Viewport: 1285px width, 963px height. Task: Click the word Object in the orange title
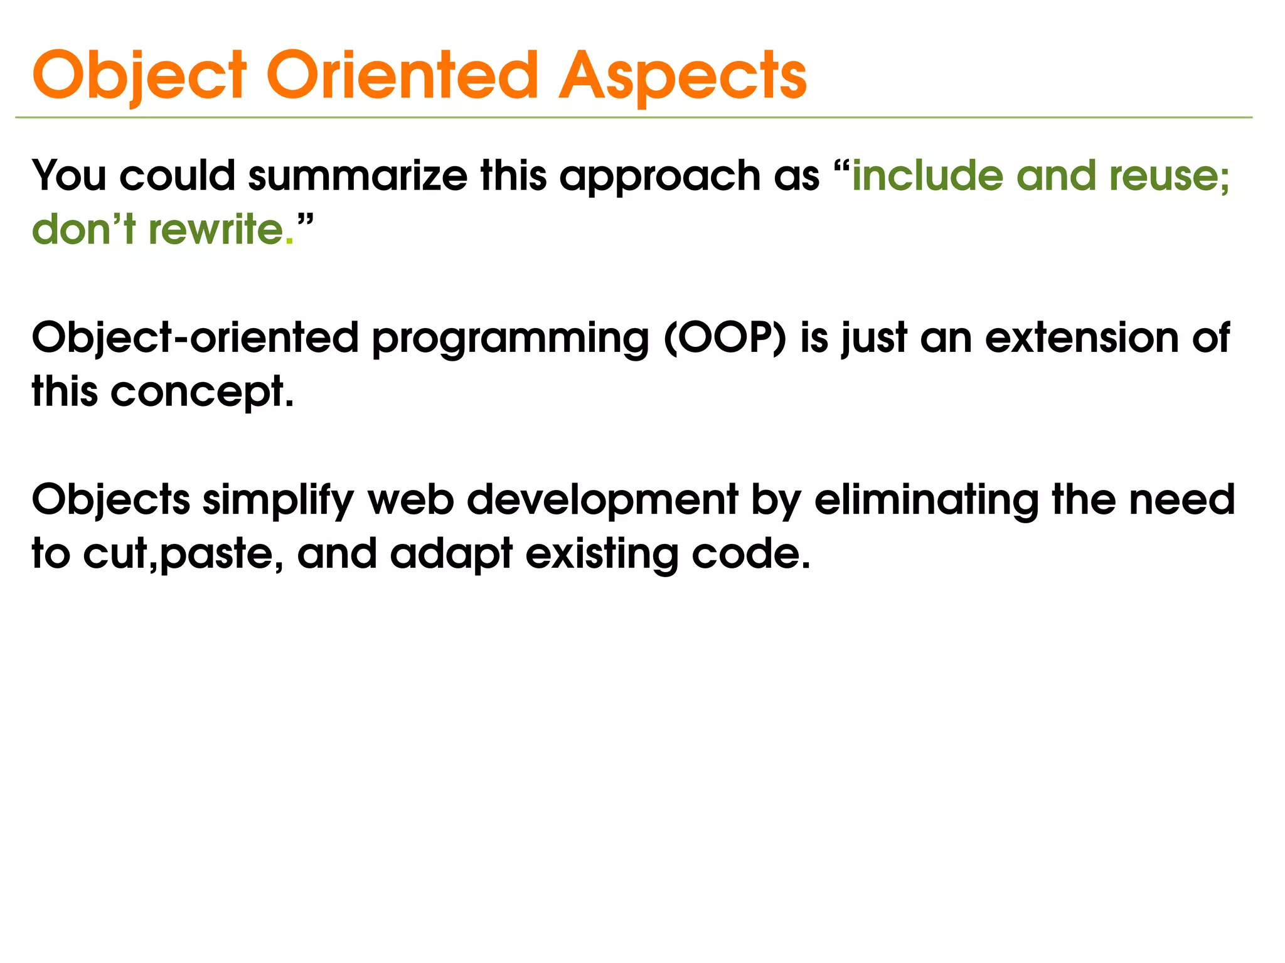click(139, 77)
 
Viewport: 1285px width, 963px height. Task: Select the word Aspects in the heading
click(682, 77)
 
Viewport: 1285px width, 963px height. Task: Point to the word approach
click(659, 177)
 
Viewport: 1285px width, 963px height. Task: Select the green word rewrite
click(216, 229)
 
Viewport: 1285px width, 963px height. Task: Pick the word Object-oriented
click(195, 339)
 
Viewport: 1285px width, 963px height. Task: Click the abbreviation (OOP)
click(725, 339)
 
